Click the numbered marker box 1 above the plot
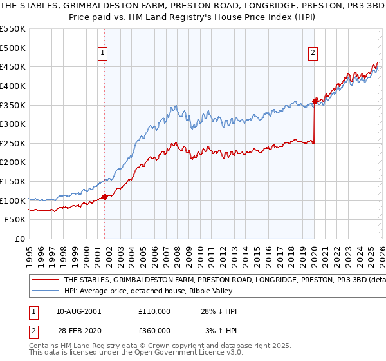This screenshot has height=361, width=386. (x=104, y=54)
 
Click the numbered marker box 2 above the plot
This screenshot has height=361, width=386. (x=313, y=54)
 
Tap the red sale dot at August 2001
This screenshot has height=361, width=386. (x=104, y=197)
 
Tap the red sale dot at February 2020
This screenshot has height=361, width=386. (x=315, y=101)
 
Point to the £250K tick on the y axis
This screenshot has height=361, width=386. (x=14, y=143)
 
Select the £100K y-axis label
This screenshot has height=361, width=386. (x=14, y=200)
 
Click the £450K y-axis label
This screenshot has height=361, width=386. (x=14, y=66)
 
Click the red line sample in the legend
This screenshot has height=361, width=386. (x=45, y=280)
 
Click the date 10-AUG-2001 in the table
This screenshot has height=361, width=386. (x=78, y=311)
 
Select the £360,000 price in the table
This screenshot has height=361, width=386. (x=154, y=331)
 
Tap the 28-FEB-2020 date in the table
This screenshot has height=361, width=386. (x=78, y=331)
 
